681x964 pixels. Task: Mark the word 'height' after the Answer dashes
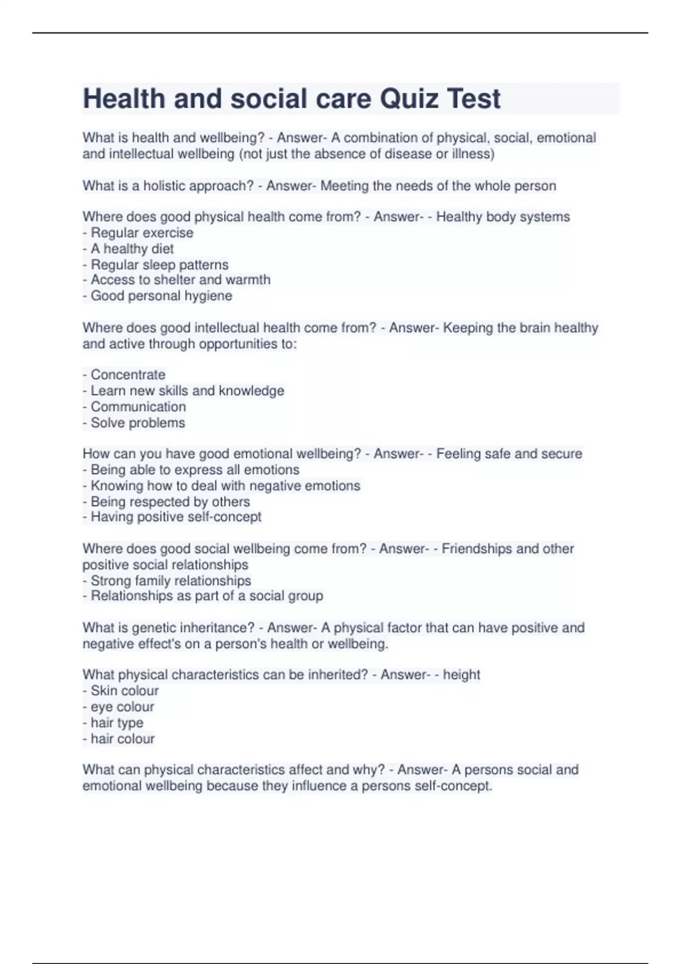[x=461, y=675]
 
